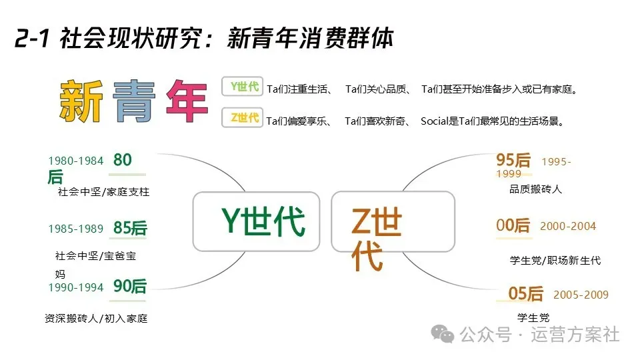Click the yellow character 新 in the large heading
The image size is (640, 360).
[x=81, y=102]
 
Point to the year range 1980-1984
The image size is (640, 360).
[x=76, y=161]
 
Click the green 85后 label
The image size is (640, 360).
[x=130, y=228]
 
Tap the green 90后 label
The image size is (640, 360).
[x=129, y=287]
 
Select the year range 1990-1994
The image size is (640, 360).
[x=76, y=287]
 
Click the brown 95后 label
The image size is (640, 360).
[x=513, y=160]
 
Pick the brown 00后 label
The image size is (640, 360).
[x=513, y=226]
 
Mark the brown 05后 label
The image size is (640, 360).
[x=526, y=294]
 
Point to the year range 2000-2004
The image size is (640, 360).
[x=568, y=227]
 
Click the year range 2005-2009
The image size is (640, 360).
[x=581, y=295]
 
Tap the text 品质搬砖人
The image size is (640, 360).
[x=535, y=189]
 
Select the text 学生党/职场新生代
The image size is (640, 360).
[x=555, y=260]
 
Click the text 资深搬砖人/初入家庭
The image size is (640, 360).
[x=96, y=318]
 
